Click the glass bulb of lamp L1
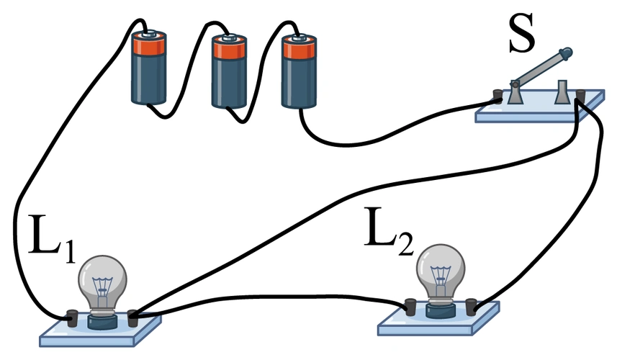tap(103, 277)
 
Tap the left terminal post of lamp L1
tap(73, 316)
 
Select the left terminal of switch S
tap(497, 95)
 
